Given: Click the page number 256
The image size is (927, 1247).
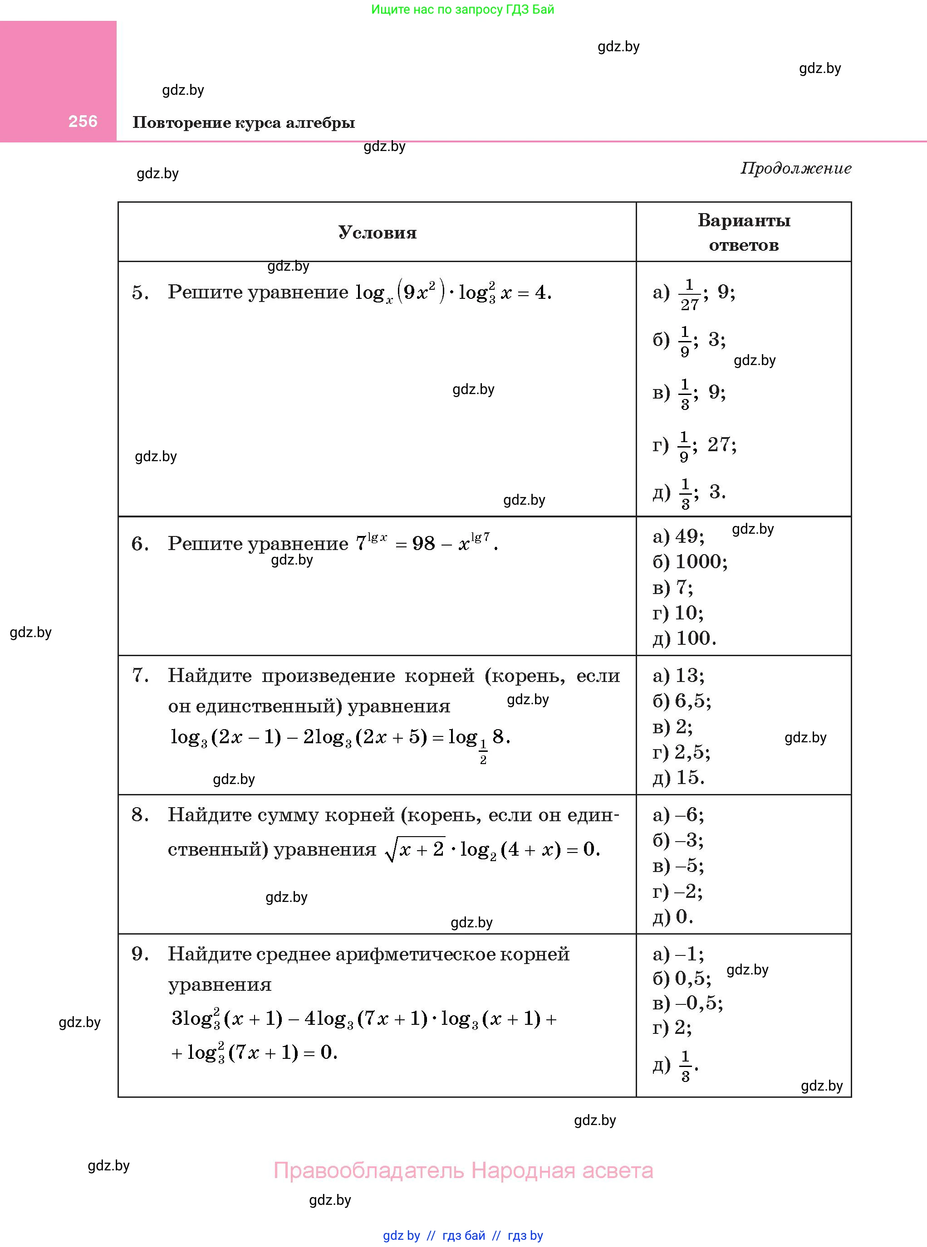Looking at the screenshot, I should coord(83,121).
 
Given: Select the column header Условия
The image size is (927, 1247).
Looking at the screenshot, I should coord(377,232).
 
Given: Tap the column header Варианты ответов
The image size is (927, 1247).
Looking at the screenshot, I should coord(744,232).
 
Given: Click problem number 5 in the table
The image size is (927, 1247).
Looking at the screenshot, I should coord(140,292).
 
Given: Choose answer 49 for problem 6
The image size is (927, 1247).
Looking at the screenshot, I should coord(689,536).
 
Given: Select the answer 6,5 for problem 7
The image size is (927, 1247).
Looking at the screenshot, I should coord(692,701).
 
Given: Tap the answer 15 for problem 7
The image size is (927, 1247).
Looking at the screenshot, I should coord(690,777).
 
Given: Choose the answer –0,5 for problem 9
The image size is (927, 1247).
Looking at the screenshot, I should coord(699,1003).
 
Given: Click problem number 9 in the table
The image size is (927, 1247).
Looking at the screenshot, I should coord(140,954).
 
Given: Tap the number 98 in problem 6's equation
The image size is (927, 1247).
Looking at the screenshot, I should coord(423,543).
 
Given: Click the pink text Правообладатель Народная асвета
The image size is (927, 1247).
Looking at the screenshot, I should coord(463,1170).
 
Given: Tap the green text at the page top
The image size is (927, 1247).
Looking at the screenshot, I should coord(462,10).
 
